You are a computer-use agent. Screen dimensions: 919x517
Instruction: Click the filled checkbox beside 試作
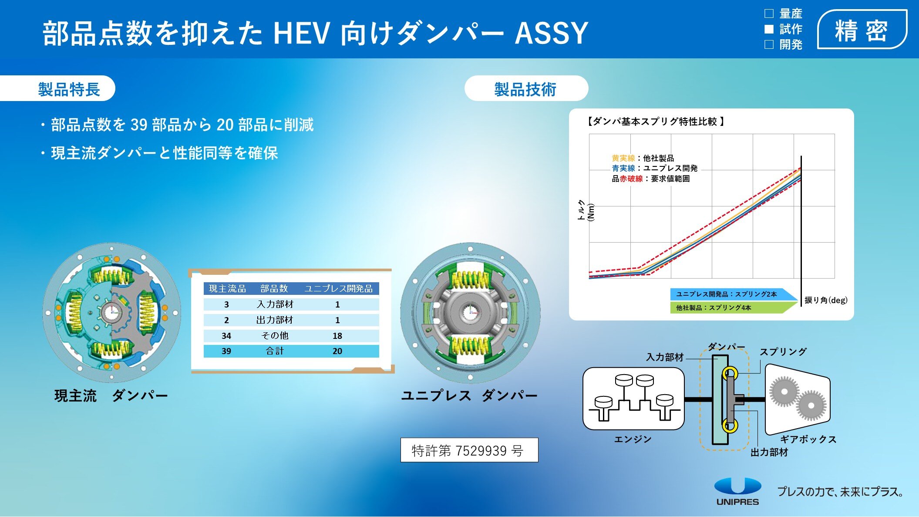pyautogui.click(x=769, y=29)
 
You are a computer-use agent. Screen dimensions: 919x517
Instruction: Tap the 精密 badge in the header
pyautogui.click(x=862, y=30)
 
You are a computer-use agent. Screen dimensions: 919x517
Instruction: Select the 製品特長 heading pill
pyautogui.click(x=57, y=88)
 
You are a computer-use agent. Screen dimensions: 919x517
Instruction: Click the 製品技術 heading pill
pyautogui.click(x=526, y=88)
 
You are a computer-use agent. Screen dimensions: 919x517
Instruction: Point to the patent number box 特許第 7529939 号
pyautogui.click(x=469, y=450)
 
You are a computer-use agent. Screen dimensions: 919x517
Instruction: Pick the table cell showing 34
pyautogui.click(x=226, y=336)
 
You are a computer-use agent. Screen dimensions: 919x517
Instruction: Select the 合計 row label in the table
pyautogui.click(x=275, y=351)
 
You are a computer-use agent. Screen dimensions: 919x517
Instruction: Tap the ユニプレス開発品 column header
pyautogui.click(x=338, y=289)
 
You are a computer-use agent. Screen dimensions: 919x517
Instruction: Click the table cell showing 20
pyautogui.click(x=337, y=351)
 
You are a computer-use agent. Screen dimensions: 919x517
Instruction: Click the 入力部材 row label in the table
pyautogui.click(x=275, y=304)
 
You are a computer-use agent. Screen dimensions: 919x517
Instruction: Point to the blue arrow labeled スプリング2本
pyautogui.click(x=734, y=294)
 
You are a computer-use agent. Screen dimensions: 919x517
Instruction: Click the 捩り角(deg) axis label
pyautogui.click(x=826, y=300)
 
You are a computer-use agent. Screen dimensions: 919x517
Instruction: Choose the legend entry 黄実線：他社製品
pyautogui.click(x=643, y=158)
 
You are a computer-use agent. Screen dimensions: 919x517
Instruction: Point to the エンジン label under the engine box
pyautogui.click(x=633, y=439)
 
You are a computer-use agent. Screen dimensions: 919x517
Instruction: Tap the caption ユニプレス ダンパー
pyautogui.click(x=469, y=395)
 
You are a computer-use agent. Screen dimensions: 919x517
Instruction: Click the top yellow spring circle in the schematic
pyautogui.click(x=730, y=373)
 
